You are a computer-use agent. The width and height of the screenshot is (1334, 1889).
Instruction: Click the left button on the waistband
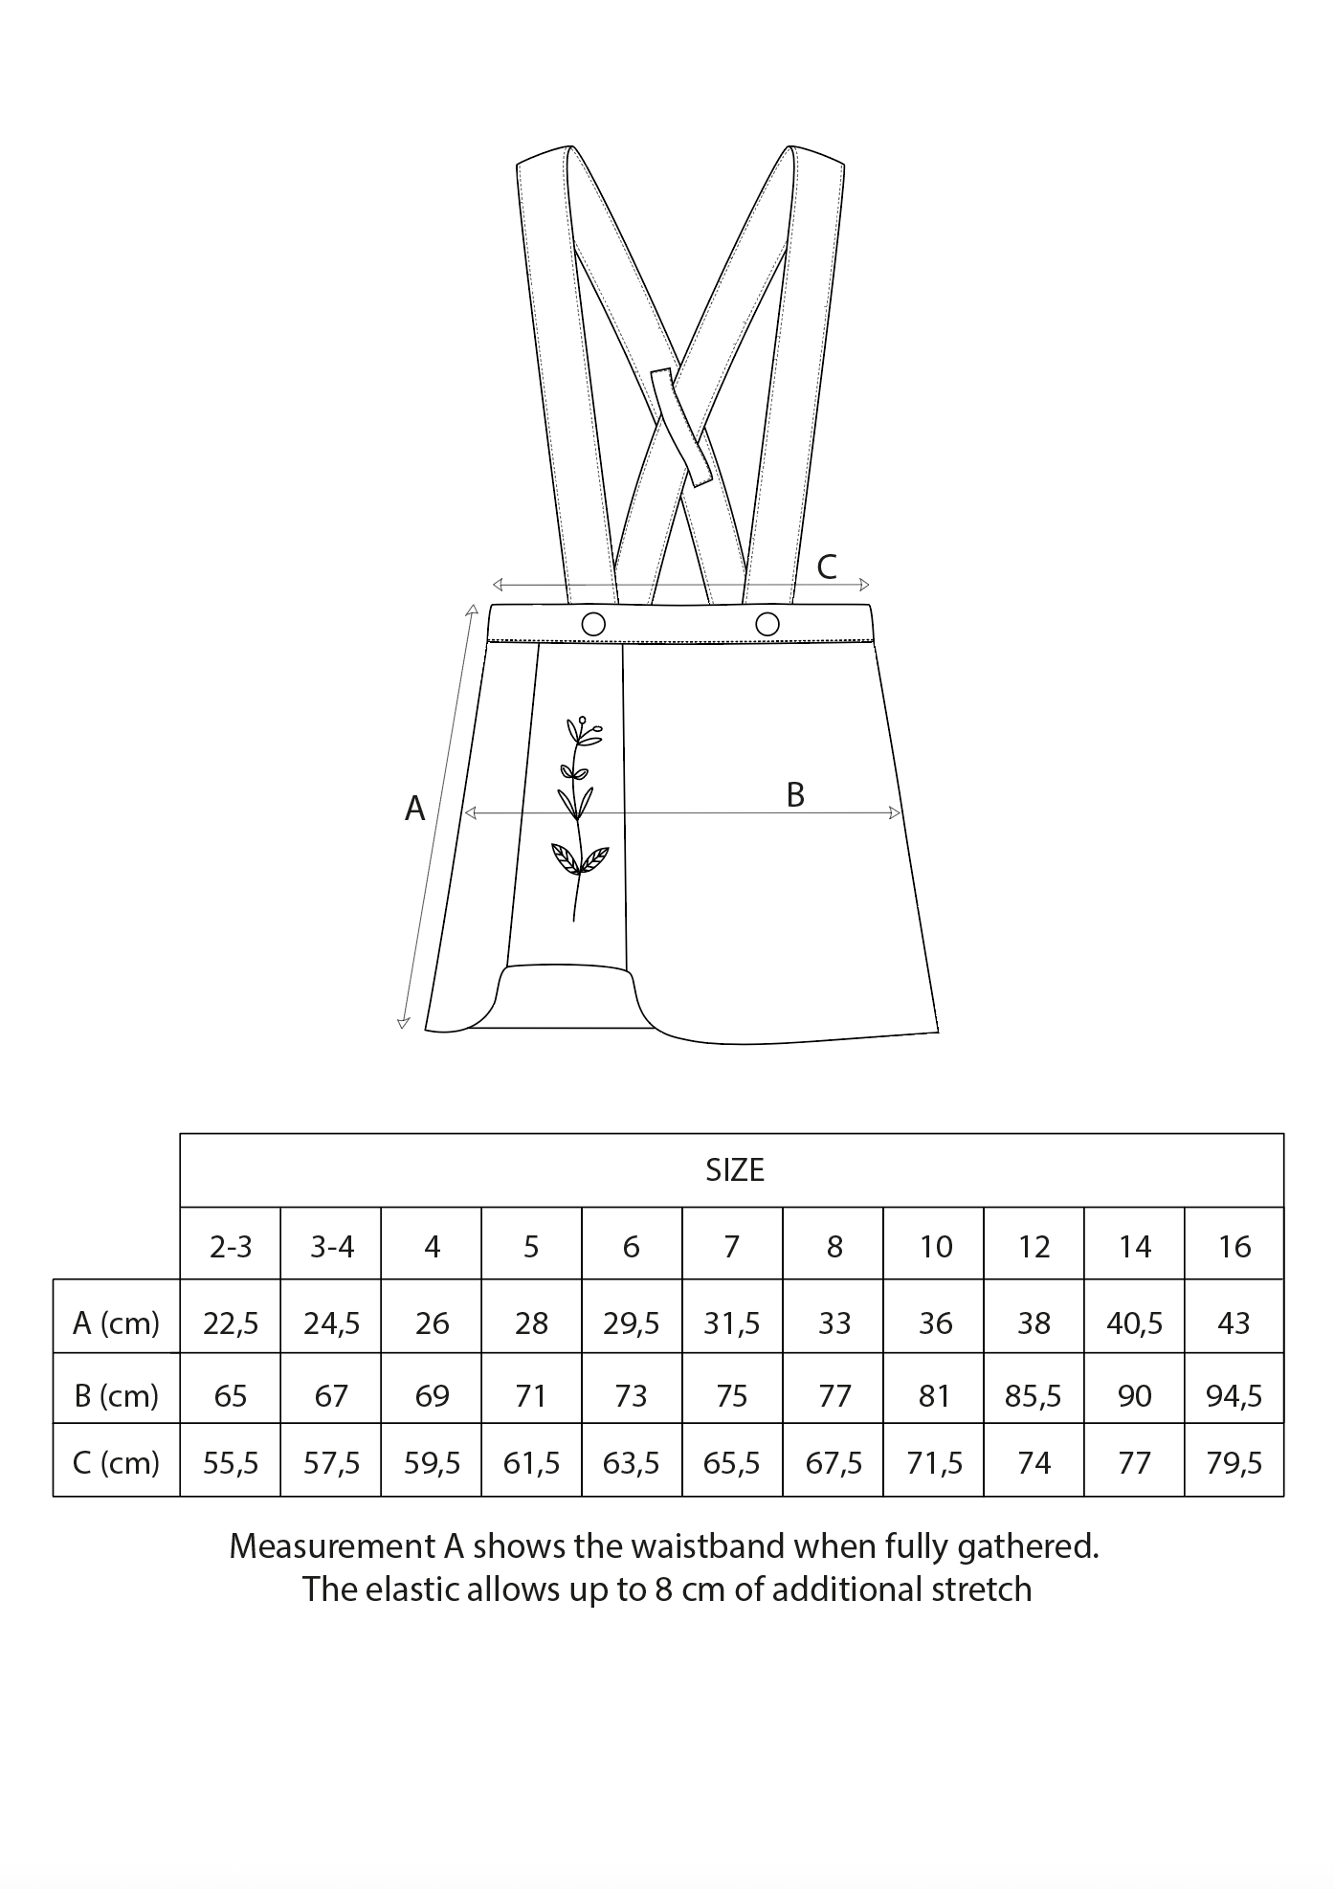point(593,624)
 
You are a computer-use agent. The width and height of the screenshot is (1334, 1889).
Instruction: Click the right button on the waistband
point(767,624)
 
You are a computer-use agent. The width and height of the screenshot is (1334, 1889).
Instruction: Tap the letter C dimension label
point(827,567)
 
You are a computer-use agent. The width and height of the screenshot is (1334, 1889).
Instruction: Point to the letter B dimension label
point(795,794)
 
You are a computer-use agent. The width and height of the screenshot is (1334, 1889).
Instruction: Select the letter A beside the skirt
point(414,810)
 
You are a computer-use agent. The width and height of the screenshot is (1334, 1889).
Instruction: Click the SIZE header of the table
point(734,1170)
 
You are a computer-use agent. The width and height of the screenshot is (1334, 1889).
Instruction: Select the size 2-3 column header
point(231,1246)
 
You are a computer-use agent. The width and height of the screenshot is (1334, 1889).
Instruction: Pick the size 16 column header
point(1234,1246)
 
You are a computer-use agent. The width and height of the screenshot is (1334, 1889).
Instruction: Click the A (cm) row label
point(116,1322)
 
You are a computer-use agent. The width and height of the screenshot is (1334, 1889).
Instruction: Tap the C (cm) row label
point(116,1463)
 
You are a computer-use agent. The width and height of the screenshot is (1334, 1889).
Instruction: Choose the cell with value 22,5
point(231,1322)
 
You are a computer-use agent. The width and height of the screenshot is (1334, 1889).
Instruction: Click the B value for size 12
point(1034,1396)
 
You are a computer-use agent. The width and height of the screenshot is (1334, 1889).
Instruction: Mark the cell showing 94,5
point(1234,1396)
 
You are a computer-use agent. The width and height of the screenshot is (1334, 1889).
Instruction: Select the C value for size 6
point(632,1463)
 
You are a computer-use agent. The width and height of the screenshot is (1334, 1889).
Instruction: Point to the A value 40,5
point(1134,1322)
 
